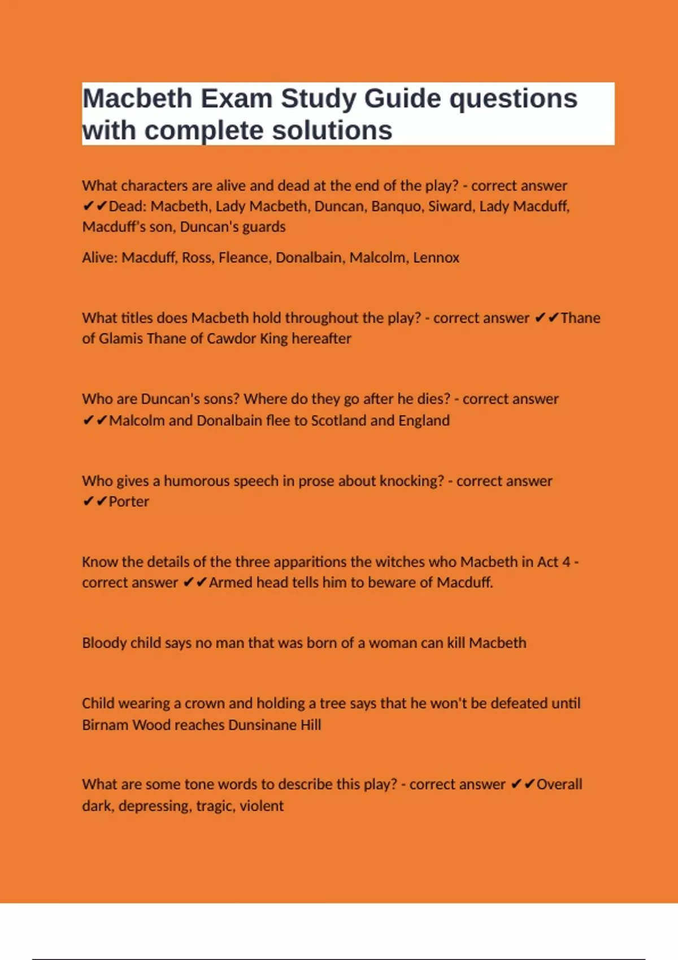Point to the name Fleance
[243, 258]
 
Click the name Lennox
[436, 258]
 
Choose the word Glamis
[120, 339]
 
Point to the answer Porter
[129, 501]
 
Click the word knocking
[411, 481]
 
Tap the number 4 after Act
[566, 562]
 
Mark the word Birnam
[105, 725]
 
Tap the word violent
[261, 806]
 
